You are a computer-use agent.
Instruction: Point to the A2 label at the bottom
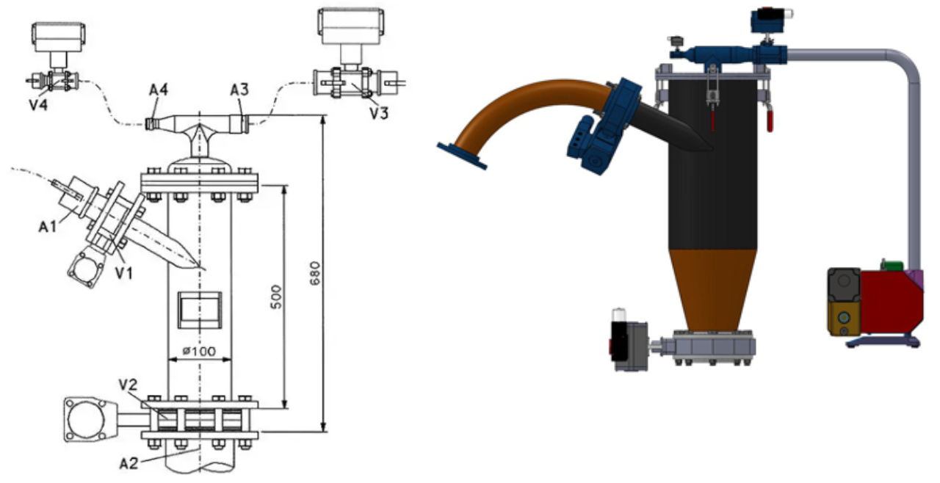[x=129, y=463]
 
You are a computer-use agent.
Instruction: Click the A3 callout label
[x=239, y=90]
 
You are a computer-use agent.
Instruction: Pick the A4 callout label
[x=159, y=90]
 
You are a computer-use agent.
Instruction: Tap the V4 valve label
[x=39, y=104]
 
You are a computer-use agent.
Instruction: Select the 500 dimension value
[x=276, y=296]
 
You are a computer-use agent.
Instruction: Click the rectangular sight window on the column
[x=199, y=308]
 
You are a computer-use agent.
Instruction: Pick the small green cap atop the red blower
[x=892, y=265]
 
